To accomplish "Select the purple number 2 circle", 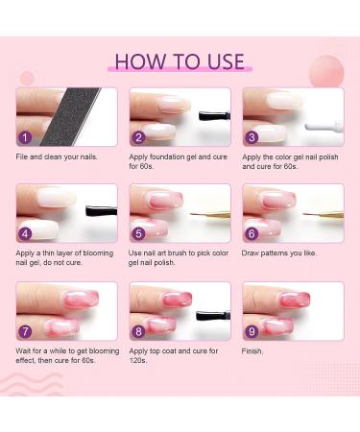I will click(139, 137).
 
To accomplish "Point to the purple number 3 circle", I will click(252, 137).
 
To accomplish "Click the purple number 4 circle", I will click(26, 233).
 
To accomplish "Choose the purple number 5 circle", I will click(139, 233).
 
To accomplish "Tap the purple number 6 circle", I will click(252, 233).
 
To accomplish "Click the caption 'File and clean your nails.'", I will click(59, 156).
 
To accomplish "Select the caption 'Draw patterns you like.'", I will click(283, 252).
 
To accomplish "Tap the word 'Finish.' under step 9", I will click(253, 350).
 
